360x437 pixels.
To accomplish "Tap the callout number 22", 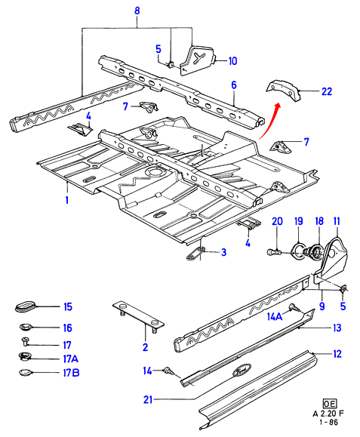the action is tap(327, 91).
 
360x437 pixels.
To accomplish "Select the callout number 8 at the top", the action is tap(137, 11).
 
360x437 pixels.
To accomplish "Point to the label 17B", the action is tap(71, 373).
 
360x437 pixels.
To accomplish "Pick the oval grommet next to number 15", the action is tap(24, 306).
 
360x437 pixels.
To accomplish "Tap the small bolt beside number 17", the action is tap(26, 341).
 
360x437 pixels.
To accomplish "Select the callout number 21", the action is tap(148, 400).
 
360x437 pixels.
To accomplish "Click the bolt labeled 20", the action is tap(275, 252).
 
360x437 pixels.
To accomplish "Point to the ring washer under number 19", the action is tap(298, 249).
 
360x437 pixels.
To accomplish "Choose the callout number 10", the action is tap(232, 60).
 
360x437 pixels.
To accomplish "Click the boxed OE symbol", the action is tap(330, 403).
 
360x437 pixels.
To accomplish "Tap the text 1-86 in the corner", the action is tap(329, 422).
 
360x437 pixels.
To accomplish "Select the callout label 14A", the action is tap(275, 316).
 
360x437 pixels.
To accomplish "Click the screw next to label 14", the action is tap(169, 371).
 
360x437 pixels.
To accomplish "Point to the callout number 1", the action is tap(67, 200).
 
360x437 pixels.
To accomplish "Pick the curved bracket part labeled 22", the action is tap(284, 91).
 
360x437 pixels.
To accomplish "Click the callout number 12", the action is tap(337, 354).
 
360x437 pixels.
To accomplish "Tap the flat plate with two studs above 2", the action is tap(138, 317).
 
